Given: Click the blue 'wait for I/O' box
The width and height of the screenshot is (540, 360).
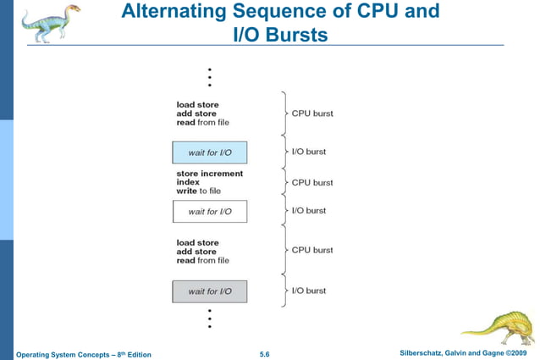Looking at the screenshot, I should point(209,152).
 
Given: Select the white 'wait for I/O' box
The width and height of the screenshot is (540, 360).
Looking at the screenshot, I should point(209,211).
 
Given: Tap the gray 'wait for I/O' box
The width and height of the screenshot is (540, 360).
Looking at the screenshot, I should point(209,291).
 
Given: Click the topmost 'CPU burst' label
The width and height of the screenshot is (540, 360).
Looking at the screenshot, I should point(312,114).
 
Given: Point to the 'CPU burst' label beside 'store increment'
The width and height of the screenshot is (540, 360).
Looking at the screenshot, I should point(312,182).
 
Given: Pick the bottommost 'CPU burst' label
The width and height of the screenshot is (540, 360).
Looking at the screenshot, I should point(312,250).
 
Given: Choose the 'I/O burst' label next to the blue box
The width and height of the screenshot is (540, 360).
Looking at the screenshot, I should point(309,152).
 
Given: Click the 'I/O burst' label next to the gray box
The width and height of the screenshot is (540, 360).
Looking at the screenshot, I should point(309,291).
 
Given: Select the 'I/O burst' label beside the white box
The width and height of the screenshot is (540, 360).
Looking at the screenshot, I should point(309,211).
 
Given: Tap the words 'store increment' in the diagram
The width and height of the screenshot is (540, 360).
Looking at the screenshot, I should point(209,174).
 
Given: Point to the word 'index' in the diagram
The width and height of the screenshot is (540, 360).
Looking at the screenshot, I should point(187,182).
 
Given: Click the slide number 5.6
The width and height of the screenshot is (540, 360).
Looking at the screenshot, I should point(264,352).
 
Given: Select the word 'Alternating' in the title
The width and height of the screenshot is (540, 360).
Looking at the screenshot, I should point(173,13).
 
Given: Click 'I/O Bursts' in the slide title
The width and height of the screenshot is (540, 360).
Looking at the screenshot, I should point(279,34).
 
